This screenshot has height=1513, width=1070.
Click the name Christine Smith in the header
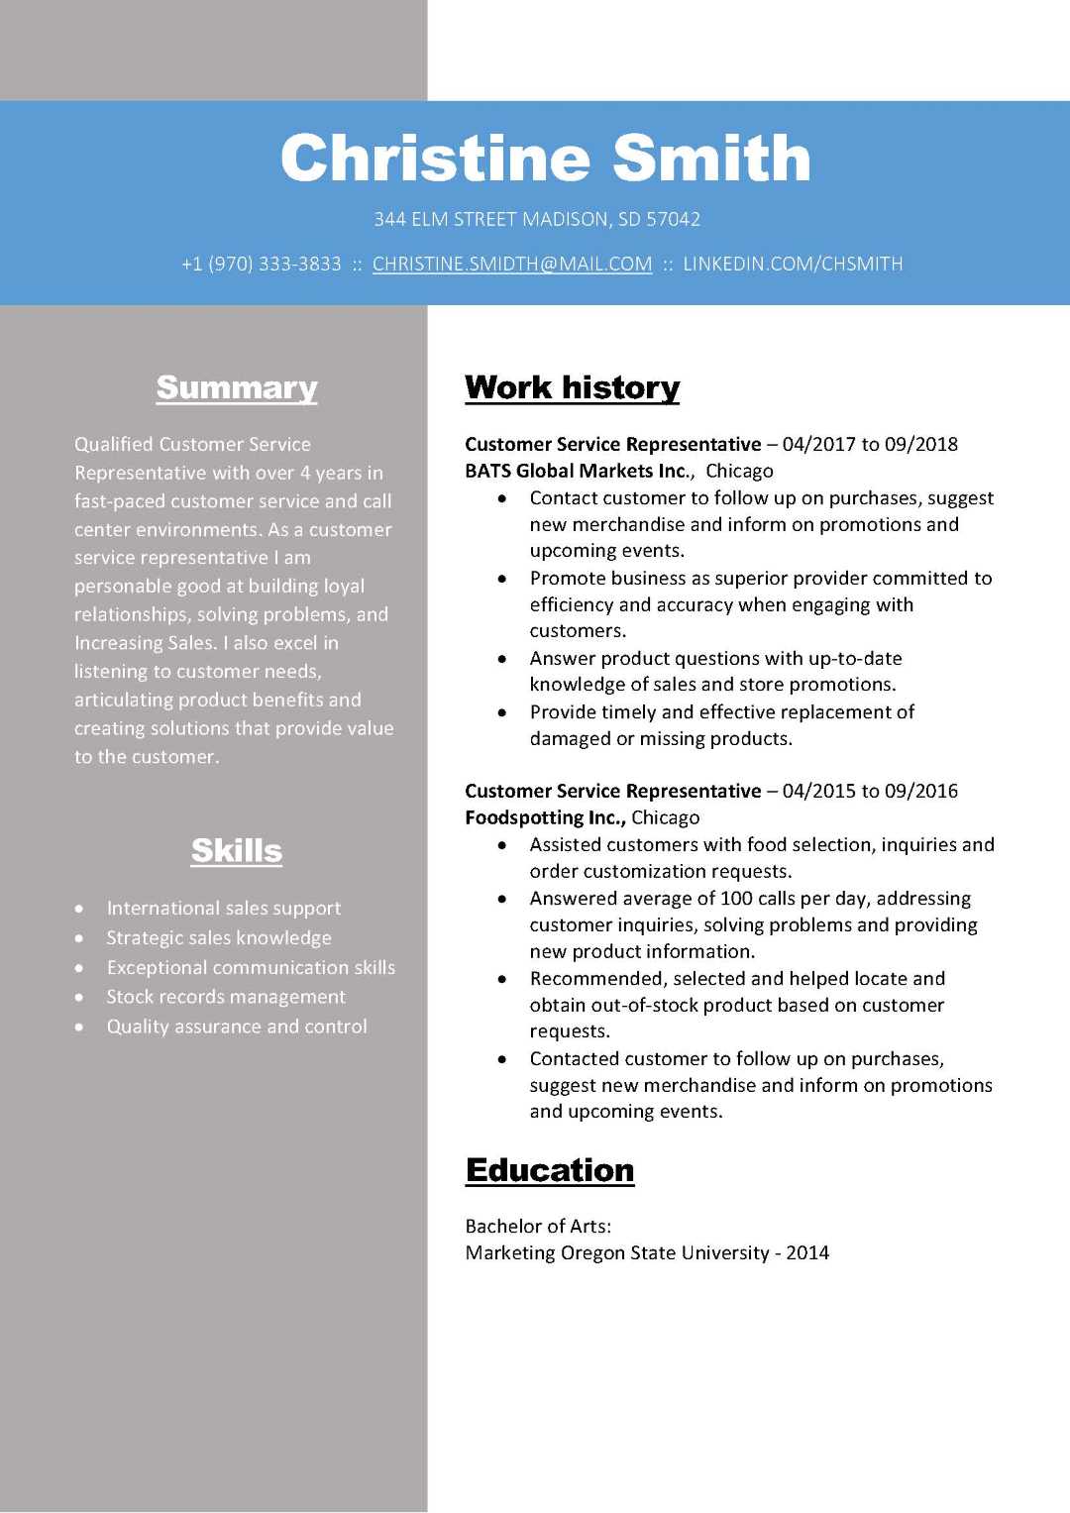coord(545,159)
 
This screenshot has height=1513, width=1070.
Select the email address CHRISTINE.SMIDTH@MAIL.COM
coord(512,265)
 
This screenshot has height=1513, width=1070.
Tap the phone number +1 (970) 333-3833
coord(262,265)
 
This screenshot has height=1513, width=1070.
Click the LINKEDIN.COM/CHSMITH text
coord(793,265)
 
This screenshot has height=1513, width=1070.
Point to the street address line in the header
coord(537,219)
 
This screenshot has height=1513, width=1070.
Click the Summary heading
coord(237,387)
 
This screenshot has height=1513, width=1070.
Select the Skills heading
coord(237,850)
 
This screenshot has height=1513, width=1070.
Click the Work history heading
coord(572,387)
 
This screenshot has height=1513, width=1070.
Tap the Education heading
coord(550,1170)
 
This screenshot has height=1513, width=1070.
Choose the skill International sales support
coord(224,909)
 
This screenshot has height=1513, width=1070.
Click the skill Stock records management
coord(226,997)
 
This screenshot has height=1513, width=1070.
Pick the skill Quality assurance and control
coord(237,1027)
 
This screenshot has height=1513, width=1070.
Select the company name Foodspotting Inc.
coord(544,817)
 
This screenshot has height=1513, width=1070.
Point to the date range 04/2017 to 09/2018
coord(870,444)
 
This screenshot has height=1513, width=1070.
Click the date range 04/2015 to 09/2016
coord(870,791)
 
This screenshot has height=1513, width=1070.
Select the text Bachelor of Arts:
coord(538,1227)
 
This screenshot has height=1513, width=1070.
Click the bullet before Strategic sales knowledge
coord(79,938)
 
